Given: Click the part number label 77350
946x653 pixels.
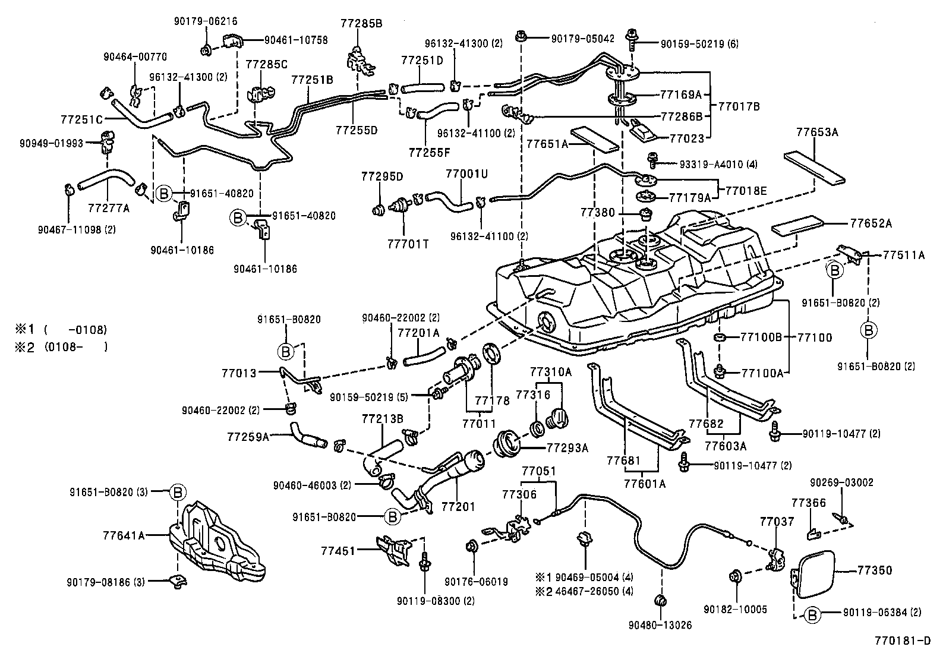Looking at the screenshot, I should point(875,570).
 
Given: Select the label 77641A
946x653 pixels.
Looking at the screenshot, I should point(125,535).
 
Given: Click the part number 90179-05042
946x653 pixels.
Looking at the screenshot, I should point(582,38).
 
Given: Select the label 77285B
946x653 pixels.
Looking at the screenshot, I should point(361,24).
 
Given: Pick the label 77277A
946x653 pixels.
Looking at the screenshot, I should point(108,208).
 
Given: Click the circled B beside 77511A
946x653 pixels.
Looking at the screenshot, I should point(834,270).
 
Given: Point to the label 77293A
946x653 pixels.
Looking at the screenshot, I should point(567,448).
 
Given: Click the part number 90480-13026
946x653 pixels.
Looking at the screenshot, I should point(660,624).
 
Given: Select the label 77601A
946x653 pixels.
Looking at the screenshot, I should point(645,484).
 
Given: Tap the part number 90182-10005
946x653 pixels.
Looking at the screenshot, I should point(735,609).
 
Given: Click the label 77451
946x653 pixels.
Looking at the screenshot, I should point(338,551).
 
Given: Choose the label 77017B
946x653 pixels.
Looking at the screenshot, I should point(739,106).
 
